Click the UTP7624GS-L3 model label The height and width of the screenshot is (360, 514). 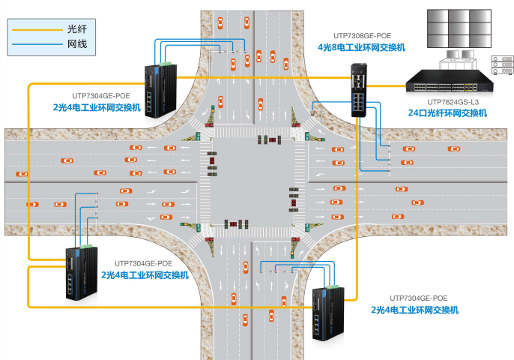(x=453, y=101)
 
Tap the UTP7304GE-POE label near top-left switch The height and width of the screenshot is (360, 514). (x=100, y=96)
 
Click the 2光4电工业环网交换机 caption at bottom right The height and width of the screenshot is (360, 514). (x=414, y=310)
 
